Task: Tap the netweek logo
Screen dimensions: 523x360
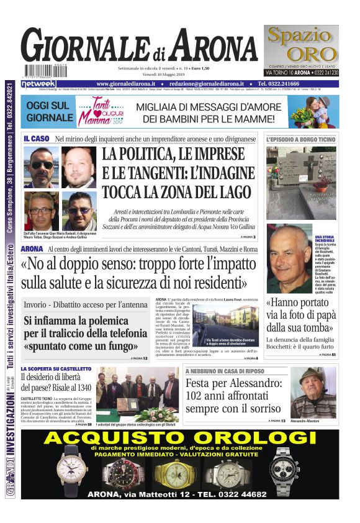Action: pyautogui.click(x=38, y=84)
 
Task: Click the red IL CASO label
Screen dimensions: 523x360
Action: pyautogui.click(x=36, y=138)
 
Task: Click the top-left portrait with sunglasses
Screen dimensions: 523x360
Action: pyautogui.click(x=42, y=166)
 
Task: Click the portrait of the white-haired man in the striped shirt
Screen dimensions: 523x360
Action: pyautogui.click(x=289, y=255)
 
